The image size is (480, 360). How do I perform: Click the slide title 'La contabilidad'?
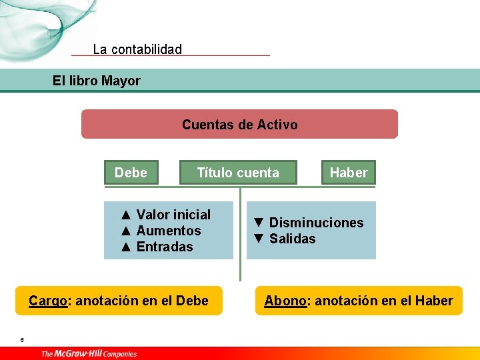[x=137, y=49]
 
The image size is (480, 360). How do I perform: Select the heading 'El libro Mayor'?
[x=97, y=81]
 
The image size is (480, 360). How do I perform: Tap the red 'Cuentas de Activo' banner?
[x=239, y=125]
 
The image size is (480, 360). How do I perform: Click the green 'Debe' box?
[x=131, y=173]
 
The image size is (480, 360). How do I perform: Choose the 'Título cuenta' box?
[x=238, y=173]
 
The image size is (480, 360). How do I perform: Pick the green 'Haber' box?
[x=349, y=173]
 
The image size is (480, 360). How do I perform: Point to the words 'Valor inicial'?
[x=173, y=215]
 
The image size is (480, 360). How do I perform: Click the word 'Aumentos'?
[x=169, y=231]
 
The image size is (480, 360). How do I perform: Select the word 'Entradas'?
[x=165, y=247]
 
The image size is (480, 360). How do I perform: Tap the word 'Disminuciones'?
[x=317, y=223]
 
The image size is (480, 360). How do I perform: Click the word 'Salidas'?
[x=293, y=239]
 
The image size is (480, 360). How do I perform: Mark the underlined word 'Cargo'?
[x=48, y=301]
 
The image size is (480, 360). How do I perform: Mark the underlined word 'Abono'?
[x=286, y=301]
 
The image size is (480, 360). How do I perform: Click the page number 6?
[x=22, y=340]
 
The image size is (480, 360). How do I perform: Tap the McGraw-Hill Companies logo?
[x=89, y=353]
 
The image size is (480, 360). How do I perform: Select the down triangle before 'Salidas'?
[x=259, y=239]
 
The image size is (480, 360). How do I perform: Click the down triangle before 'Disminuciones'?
[x=259, y=223]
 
